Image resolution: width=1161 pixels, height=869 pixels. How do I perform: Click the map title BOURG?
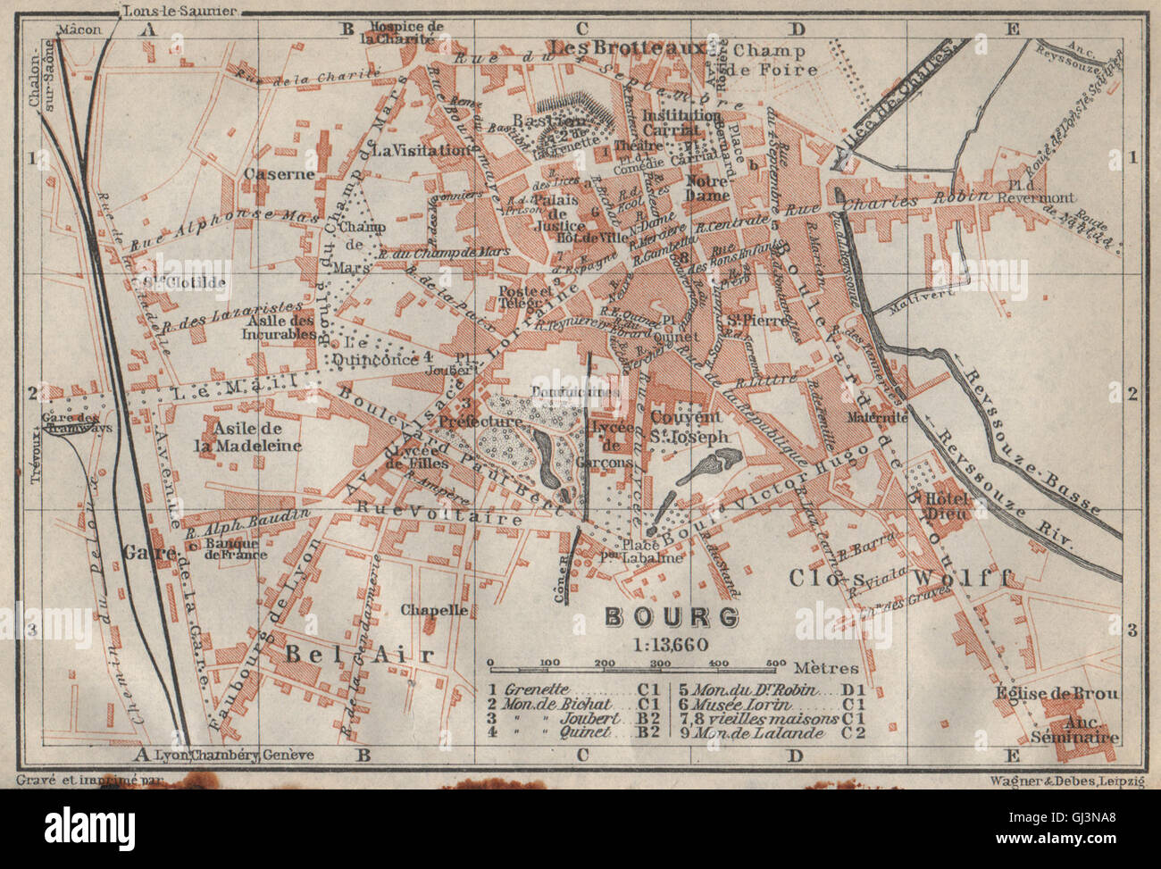(672, 616)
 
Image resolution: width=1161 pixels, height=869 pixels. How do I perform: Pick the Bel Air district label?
(359, 655)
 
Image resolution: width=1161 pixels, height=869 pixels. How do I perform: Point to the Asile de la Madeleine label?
(248, 439)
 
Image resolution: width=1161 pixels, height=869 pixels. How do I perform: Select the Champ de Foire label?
(769, 60)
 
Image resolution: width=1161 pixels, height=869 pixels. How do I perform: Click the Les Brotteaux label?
(630, 46)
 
